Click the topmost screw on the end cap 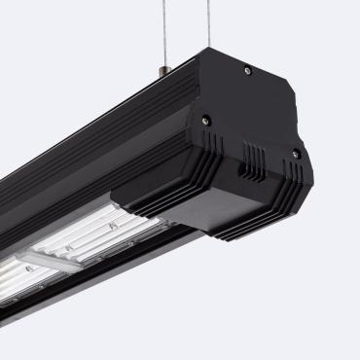pyautogui.click(x=247, y=69)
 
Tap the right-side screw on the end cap pyautogui.click(x=296, y=153)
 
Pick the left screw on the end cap pyautogui.click(x=205, y=121)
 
